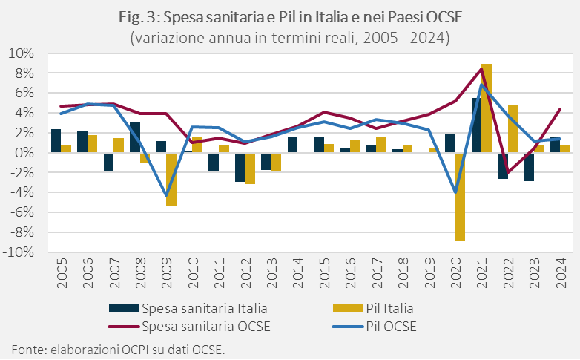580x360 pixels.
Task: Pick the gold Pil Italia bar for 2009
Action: pyautogui.click(x=171, y=179)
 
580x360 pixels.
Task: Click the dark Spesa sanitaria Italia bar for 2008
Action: pyautogui.click(x=135, y=137)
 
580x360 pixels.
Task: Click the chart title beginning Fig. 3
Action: pyautogui.click(x=289, y=18)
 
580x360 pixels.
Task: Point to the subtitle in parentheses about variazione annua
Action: pyautogui.click(x=289, y=37)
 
